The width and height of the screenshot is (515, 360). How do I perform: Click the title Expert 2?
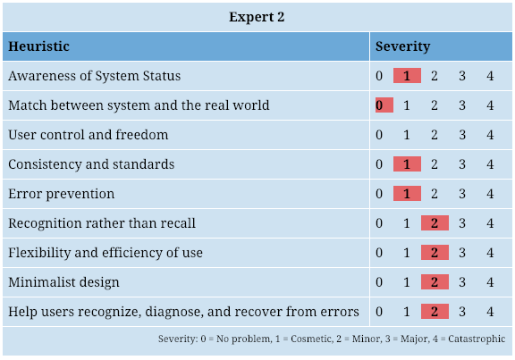click(257, 17)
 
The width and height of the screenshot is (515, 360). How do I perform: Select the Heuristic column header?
click(38, 46)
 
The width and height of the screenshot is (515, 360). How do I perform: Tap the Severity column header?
click(402, 46)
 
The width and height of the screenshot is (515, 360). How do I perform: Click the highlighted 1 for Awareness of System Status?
click(407, 75)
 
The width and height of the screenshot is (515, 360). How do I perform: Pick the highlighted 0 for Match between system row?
click(384, 105)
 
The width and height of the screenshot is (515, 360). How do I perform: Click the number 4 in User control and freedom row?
click(490, 135)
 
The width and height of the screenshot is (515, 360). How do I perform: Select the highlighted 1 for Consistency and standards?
click(407, 163)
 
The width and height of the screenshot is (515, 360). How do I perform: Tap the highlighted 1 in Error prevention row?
click(407, 193)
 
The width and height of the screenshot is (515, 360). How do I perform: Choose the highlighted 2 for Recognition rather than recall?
click(435, 222)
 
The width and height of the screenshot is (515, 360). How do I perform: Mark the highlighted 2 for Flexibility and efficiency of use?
click(435, 253)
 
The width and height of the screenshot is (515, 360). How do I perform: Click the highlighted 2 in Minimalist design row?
click(435, 282)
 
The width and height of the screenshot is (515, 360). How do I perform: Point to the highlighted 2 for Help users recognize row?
click(435, 311)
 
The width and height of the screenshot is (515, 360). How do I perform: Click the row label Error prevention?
click(62, 194)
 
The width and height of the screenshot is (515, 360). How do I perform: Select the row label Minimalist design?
click(63, 282)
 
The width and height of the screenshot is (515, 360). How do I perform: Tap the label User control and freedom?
click(89, 135)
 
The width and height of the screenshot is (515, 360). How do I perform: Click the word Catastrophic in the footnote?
click(477, 339)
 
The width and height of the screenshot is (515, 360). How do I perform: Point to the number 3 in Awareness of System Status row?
click(462, 76)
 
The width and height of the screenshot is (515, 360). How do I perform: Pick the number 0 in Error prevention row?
click(379, 194)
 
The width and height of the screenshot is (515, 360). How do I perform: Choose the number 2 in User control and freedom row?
click(435, 135)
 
